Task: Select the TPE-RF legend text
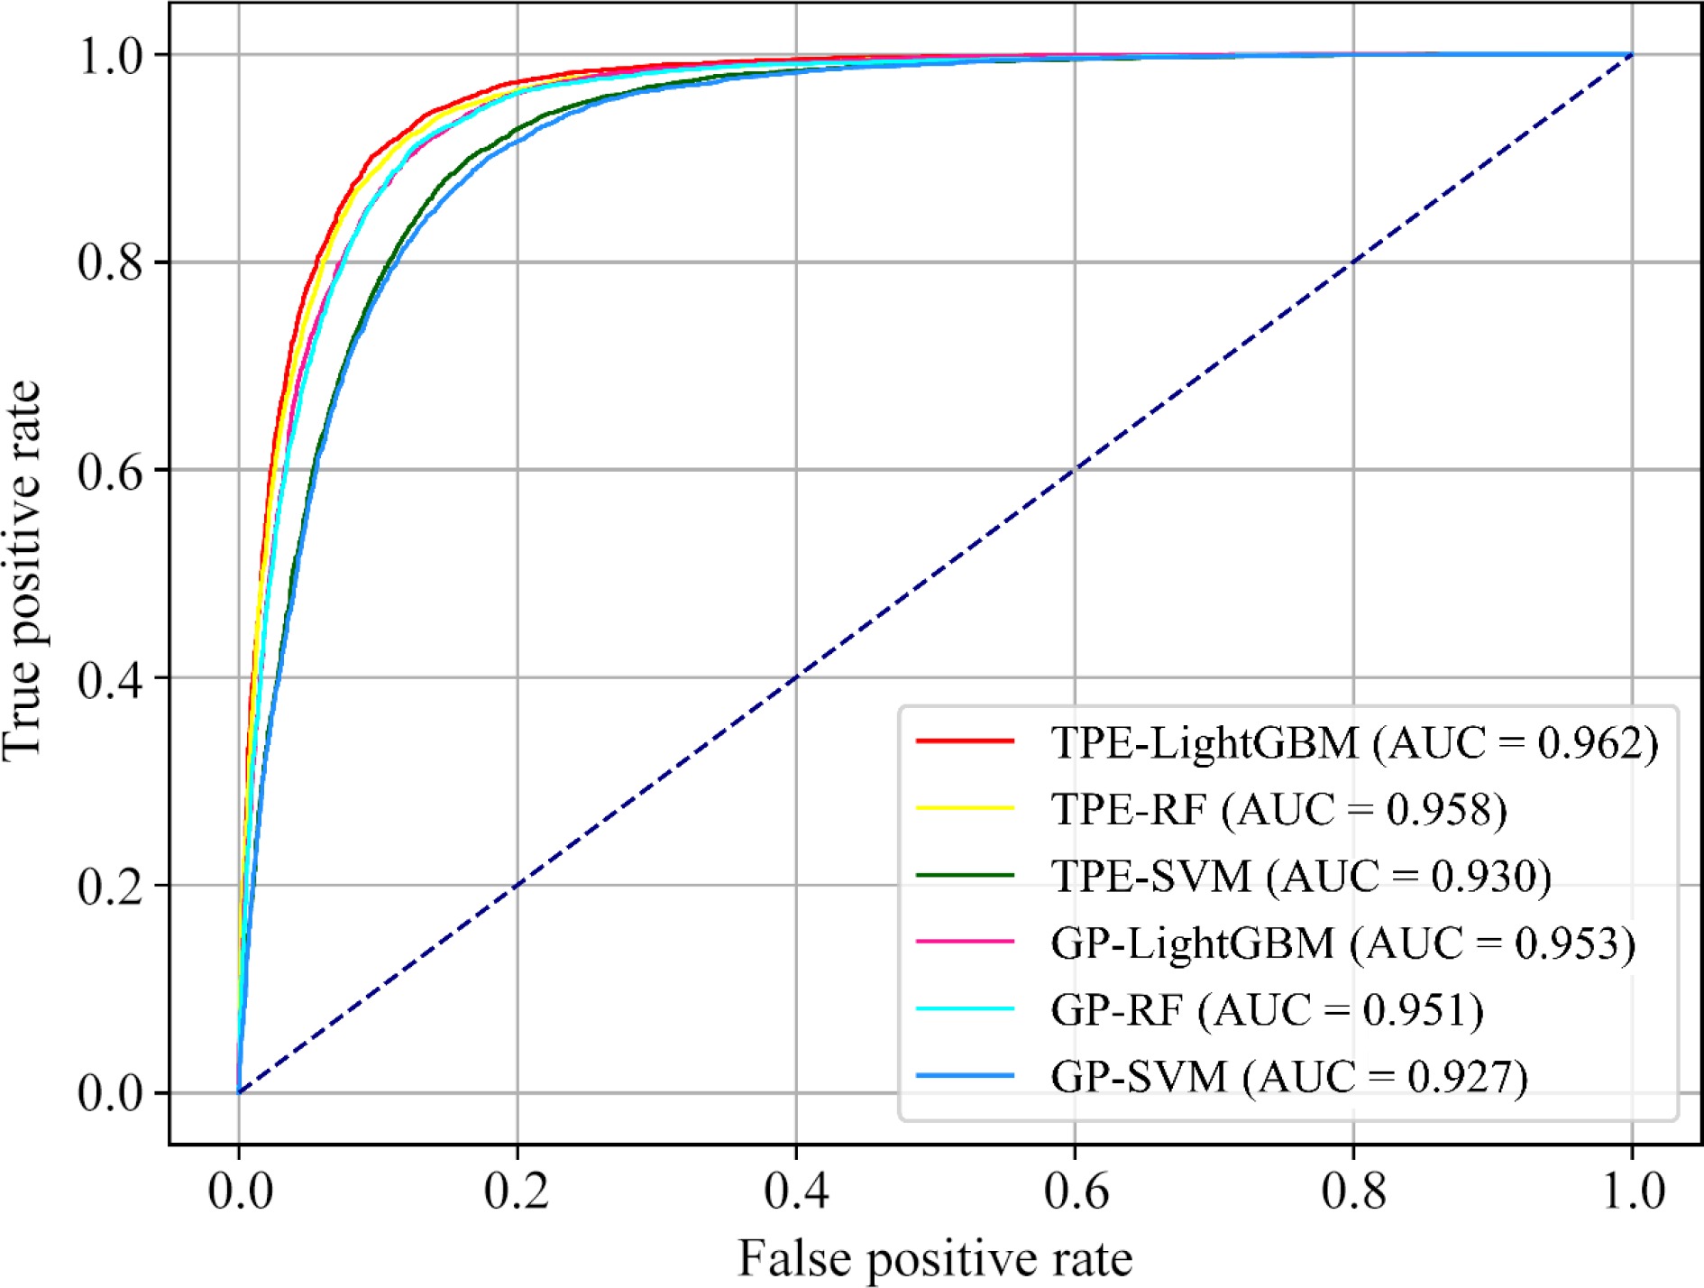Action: (x=1278, y=809)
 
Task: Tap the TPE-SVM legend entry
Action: (x=1301, y=876)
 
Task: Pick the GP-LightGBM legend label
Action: (x=1342, y=943)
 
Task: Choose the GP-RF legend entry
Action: (x=1267, y=1009)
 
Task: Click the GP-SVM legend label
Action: (x=1289, y=1076)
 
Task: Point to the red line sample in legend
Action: (x=965, y=741)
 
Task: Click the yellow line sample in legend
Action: (x=965, y=808)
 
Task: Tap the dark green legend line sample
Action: (x=965, y=875)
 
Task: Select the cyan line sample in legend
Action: (x=965, y=1008)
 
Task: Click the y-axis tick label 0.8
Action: (x=110, y=262)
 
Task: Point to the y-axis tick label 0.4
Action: (x=110, y=678)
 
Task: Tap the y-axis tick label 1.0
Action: (x=110, y=56)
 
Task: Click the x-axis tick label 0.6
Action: (x=1075, y=1191)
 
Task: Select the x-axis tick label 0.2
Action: (x=517, y=1191)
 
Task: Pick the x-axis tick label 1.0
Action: (x=1632, y=1191)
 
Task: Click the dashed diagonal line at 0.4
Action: (x=796, y=677)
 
